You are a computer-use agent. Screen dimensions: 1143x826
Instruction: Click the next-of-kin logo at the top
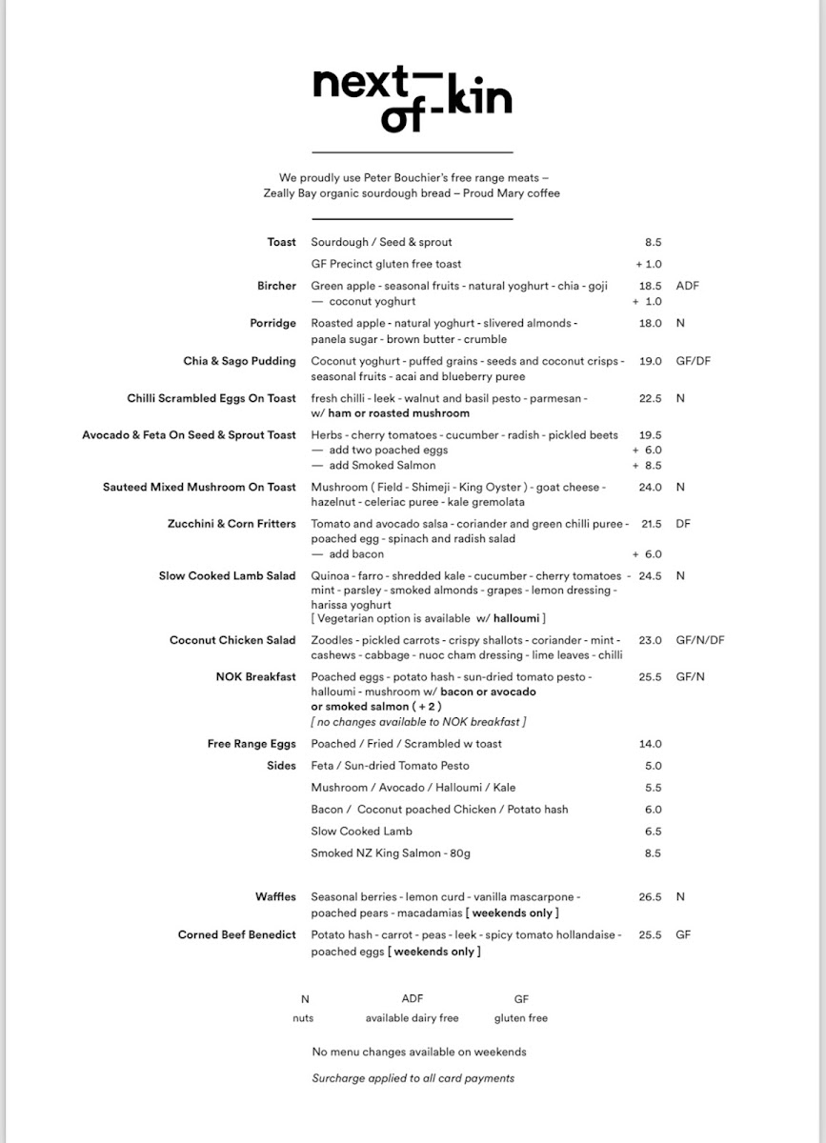[x=412, y=97]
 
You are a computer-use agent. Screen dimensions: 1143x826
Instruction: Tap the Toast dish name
[x=281, y=242]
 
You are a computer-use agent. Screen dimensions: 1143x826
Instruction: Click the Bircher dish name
[x=276, y=286]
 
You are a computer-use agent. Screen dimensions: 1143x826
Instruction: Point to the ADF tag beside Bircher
[x=687, y=286]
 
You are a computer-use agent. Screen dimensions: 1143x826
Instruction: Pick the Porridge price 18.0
[x=650, y=324]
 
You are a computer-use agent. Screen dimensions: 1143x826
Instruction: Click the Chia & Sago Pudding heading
[x=240, y=361]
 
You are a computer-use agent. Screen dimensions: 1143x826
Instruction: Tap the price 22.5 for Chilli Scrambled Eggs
[x=650, y=399]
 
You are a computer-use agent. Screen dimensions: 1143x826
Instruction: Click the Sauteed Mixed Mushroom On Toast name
[x=199, y=487]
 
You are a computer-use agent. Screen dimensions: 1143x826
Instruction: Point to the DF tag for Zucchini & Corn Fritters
[x=682, y=524]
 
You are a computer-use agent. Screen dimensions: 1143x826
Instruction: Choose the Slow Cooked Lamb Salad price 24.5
[x=650, y=576]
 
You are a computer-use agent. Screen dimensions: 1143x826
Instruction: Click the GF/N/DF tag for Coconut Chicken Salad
[x=699, y=640]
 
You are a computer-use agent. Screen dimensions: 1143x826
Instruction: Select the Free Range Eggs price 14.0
[x=650, y=744]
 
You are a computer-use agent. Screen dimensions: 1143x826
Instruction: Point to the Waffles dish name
[x=275, y=897]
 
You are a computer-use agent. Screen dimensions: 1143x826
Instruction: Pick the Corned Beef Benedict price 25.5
[x=650, y=935]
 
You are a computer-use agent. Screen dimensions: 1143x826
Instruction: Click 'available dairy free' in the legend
[x=412, y=1018]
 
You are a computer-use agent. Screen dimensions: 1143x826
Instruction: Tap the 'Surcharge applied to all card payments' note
[x=413, y=1078]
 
